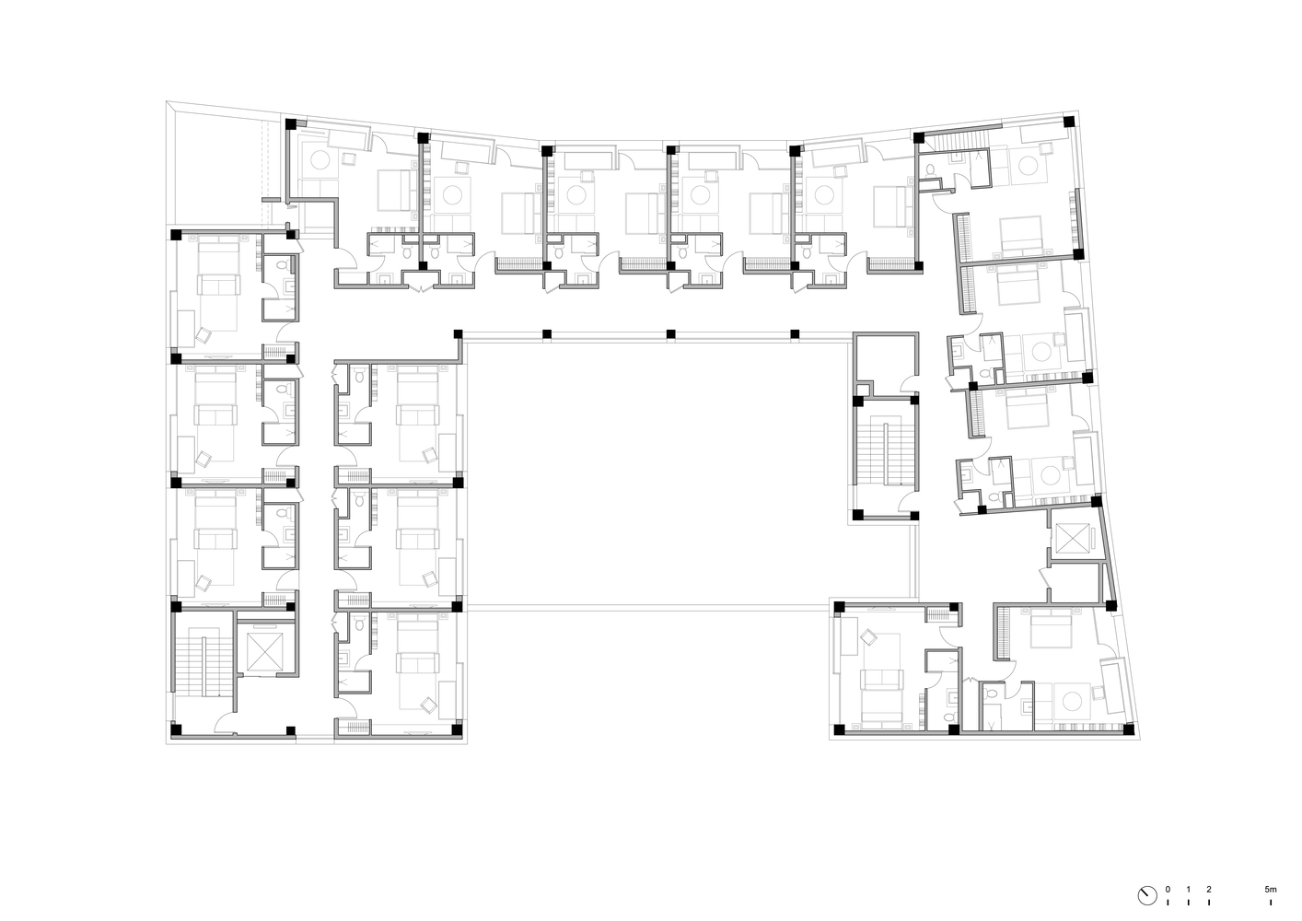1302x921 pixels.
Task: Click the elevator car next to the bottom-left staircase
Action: click(x=264, y=652)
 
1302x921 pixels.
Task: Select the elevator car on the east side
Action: click(x=1071, y=539)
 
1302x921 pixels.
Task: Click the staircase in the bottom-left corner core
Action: click(x=198, y=665)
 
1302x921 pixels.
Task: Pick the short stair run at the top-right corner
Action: click(x=956, y=141)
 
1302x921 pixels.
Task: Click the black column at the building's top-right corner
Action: click(x=1068, y=122)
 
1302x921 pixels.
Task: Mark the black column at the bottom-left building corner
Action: click(x=176, y=729)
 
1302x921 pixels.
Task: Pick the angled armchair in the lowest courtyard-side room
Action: click(x=428, y=705)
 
